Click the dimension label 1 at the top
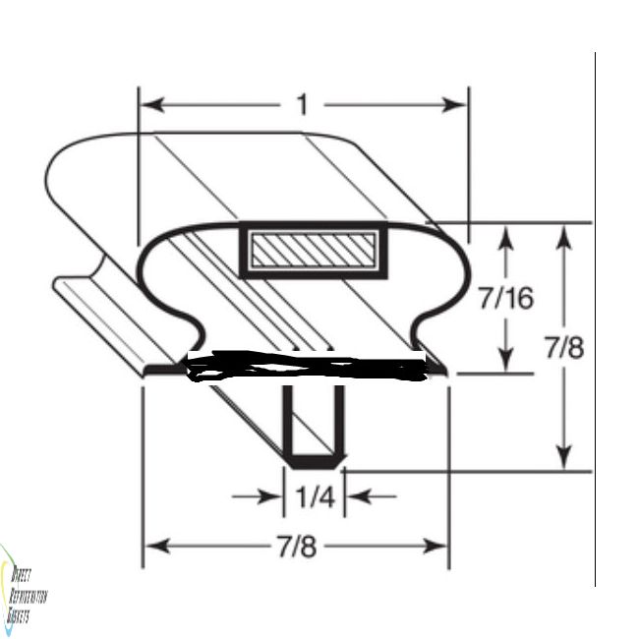tap(303, 104)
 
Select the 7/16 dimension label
tap(505, 298)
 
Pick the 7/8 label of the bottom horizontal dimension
tap(297, 547)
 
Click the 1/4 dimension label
tap(315, 498)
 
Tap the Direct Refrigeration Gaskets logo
tap(22, 590)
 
